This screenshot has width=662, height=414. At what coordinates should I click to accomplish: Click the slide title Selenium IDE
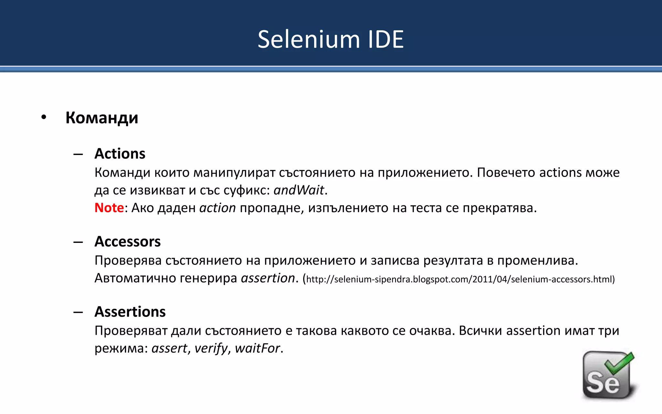pos(331,39)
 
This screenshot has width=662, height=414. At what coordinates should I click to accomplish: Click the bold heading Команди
pos(102,118)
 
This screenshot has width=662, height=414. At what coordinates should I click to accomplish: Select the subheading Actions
pos(120,154)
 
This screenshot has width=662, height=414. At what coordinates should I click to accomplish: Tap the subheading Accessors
pos(128,242)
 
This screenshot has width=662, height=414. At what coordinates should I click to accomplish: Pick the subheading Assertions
pos(130,312)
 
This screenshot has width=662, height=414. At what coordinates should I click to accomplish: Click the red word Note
pos(109,208)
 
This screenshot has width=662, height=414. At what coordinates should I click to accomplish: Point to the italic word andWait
pos(299,190)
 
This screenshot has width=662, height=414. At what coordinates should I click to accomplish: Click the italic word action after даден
pos(218,208)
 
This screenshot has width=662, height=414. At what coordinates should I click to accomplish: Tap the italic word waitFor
pos(257,348)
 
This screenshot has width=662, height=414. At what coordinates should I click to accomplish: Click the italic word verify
pos(211,348)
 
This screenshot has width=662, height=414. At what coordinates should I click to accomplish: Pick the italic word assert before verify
pos(169,348)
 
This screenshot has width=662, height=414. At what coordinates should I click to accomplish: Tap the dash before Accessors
pos(78,242)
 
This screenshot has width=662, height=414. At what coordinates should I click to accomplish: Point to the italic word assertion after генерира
pos(268,278)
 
